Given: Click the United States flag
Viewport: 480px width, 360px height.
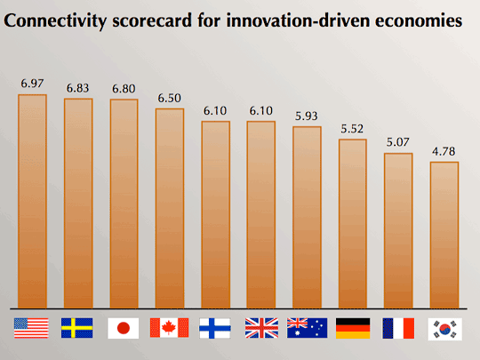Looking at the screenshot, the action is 31,328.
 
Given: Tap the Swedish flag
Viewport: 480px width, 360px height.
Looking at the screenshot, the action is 76,328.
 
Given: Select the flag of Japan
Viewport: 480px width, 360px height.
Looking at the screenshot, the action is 123,328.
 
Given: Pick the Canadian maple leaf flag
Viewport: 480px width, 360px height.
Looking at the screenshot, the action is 169,327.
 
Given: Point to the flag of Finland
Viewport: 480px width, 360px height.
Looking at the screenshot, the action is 215,328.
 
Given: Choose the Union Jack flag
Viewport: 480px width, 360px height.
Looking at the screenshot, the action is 261,328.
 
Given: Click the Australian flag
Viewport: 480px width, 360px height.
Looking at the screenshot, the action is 307,328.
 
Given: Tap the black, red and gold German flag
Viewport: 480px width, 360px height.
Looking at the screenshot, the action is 353,328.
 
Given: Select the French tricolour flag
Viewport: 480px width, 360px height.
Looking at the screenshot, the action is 398,328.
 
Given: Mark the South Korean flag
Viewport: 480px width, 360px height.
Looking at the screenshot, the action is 444,329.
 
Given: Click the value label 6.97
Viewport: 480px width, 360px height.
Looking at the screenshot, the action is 32,84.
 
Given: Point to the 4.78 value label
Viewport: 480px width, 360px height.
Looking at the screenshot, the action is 444,151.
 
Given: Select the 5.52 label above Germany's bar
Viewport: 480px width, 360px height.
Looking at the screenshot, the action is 352,129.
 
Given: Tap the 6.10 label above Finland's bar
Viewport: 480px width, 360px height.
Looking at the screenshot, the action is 215,110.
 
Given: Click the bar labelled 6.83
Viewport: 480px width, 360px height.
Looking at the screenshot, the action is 78,204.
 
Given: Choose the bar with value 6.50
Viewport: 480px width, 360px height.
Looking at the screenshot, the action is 170,209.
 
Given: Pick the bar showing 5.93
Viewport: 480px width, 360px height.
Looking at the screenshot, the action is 307,218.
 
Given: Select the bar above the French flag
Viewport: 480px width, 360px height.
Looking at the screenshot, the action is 398,231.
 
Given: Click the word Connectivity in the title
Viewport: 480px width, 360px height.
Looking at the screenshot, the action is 55,20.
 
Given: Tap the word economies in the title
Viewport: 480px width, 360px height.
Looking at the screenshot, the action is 419,20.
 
